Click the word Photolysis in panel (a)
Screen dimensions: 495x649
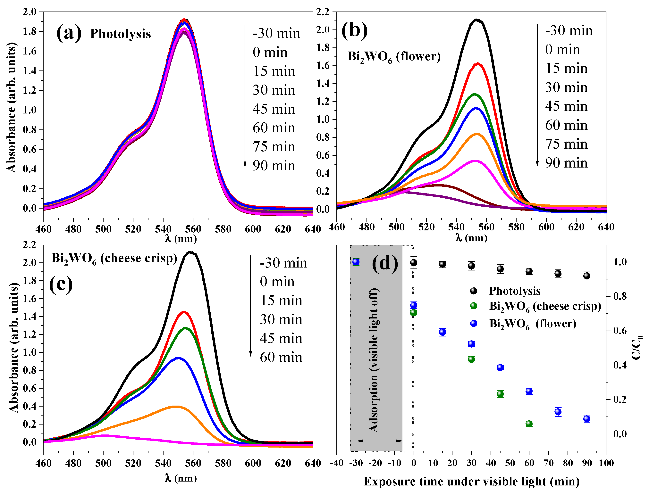point(120,34)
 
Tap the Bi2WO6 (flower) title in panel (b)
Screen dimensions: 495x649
point(394,57)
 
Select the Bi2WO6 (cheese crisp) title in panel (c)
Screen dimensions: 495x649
point(114,259)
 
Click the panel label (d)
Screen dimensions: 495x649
point(385,263)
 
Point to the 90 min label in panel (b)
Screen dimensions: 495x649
point(566,163)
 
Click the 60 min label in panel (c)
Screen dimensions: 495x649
point(281,357)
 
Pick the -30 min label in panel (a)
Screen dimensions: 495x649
point(276,33)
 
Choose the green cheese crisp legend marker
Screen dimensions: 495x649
point(474,306)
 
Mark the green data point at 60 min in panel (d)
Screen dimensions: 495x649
point(529,424)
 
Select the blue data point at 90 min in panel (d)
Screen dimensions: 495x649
point(587,419)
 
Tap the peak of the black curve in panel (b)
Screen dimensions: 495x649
point(476,20)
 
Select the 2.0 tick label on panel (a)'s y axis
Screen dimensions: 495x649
point(29,12)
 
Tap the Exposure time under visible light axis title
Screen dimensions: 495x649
point(472,482)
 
